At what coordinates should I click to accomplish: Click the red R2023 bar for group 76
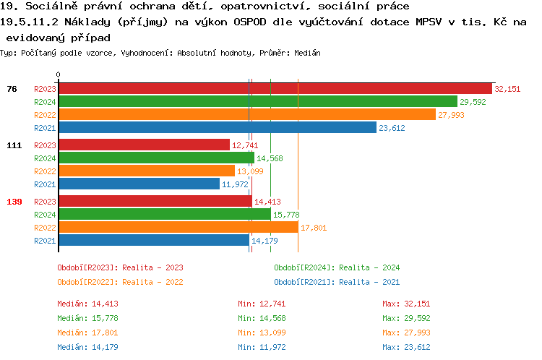[275, 89]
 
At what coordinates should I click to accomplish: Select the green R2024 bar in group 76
[257, 102]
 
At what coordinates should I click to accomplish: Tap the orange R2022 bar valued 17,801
[178, 228]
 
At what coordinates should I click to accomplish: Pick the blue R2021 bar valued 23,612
[217, 128]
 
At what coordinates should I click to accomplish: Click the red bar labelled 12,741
[144, 145]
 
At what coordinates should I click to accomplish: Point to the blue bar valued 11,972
[139, 184]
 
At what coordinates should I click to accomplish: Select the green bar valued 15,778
[164, 215]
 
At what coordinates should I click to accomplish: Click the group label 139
[14, 202]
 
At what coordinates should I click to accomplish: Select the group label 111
[14, 145]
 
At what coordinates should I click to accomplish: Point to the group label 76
[12, 89]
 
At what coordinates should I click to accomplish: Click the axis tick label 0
[59, 74]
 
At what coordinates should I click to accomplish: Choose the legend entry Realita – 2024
[337, 267]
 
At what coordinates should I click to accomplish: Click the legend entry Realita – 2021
[337, 282]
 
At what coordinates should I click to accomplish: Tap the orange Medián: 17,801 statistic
[87, 333]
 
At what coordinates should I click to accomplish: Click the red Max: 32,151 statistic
[406, 304]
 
